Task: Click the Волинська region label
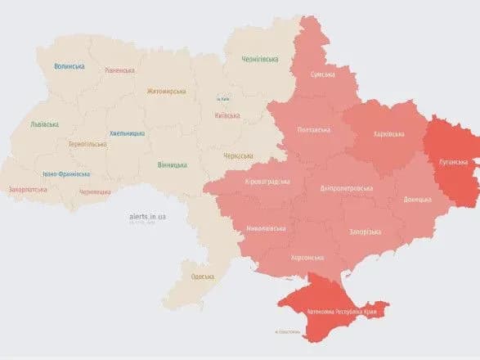click(x=71, y=66)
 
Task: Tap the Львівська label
click(x=44, y=124)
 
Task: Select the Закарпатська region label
click(x=28, y=189)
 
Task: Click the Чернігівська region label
click(x=260, y=59)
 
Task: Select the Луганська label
click(x=451, y=161)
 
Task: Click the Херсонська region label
click(x=307, y=257)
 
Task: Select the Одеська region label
click(x=203, y=276)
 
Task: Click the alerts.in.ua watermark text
click(x=147, y=216)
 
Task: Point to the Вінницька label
click(x=172, y=164)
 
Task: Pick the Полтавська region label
click(x=314, y=130)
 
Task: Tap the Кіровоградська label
click(x=265, y=182)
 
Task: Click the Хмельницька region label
click(x=127, y=133)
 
